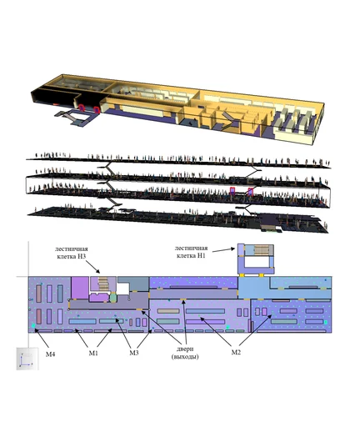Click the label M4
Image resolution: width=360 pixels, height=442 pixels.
(51, 354)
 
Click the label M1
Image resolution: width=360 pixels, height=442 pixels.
(93, 353)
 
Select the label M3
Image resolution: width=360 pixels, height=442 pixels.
(134, 353)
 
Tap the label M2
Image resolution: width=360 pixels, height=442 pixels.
(236, 352)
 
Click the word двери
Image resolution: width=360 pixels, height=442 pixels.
(185, 349)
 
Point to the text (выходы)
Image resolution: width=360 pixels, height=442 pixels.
(185, 357)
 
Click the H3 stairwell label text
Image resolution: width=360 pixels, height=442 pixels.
(72, 253)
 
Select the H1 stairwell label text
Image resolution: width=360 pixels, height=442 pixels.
(192, 252)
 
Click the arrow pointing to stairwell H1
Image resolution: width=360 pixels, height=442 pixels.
(223, 249)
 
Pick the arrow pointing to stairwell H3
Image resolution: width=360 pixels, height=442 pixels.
(92, 266)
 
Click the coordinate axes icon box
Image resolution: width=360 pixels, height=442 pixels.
(27, 359)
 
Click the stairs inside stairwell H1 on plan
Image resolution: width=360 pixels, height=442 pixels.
(262, 249)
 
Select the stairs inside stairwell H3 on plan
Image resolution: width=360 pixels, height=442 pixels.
(102, 283)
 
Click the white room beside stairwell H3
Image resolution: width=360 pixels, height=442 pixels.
(122, 289)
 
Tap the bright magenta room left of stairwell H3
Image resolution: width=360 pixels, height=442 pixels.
(80, 288)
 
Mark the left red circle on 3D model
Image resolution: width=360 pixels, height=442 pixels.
(82, 108)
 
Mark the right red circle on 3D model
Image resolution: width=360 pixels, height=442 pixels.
(97, 109)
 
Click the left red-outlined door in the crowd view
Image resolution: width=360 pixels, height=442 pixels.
(232, 191)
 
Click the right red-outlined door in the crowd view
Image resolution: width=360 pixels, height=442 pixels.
(250, 192)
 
